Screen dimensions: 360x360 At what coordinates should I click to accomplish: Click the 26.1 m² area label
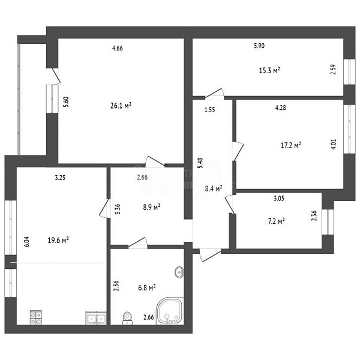pos(121,106)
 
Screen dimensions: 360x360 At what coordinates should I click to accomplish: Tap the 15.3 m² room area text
pos(269,70)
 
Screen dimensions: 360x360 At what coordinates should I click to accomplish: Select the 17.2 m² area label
pos(291,145)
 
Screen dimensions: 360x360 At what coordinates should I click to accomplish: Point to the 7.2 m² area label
pos(277,221)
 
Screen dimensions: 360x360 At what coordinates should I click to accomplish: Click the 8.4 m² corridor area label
pos(214,188)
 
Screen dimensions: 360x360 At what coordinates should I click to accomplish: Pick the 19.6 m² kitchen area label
pos(58,240)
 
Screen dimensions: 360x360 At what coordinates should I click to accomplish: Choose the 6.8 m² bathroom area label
pos(147,287)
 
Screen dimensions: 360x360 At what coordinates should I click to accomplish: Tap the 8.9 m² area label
pos(152,207)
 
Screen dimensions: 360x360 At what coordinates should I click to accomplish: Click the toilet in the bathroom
pos(127,318)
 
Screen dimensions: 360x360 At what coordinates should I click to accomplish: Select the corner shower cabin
pos(170,311)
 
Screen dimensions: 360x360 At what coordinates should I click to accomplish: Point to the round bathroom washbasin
pos(179,272)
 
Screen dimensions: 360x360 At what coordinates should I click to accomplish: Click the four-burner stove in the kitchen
pos(36,317)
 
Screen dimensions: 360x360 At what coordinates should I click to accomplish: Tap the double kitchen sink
pos(96,318)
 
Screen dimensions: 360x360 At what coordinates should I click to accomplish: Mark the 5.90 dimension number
pos(259,46)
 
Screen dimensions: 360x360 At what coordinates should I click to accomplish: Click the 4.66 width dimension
pos(118,48)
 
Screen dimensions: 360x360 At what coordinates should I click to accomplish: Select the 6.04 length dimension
pos(27,242)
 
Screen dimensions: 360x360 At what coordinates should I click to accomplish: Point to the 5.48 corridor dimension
pos(200,163)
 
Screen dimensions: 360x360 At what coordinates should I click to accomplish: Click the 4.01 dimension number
pos(334,144)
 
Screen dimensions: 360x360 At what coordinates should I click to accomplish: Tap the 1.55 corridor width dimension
pos(209,110)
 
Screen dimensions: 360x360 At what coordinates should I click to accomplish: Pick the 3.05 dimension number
pos(279,199)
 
